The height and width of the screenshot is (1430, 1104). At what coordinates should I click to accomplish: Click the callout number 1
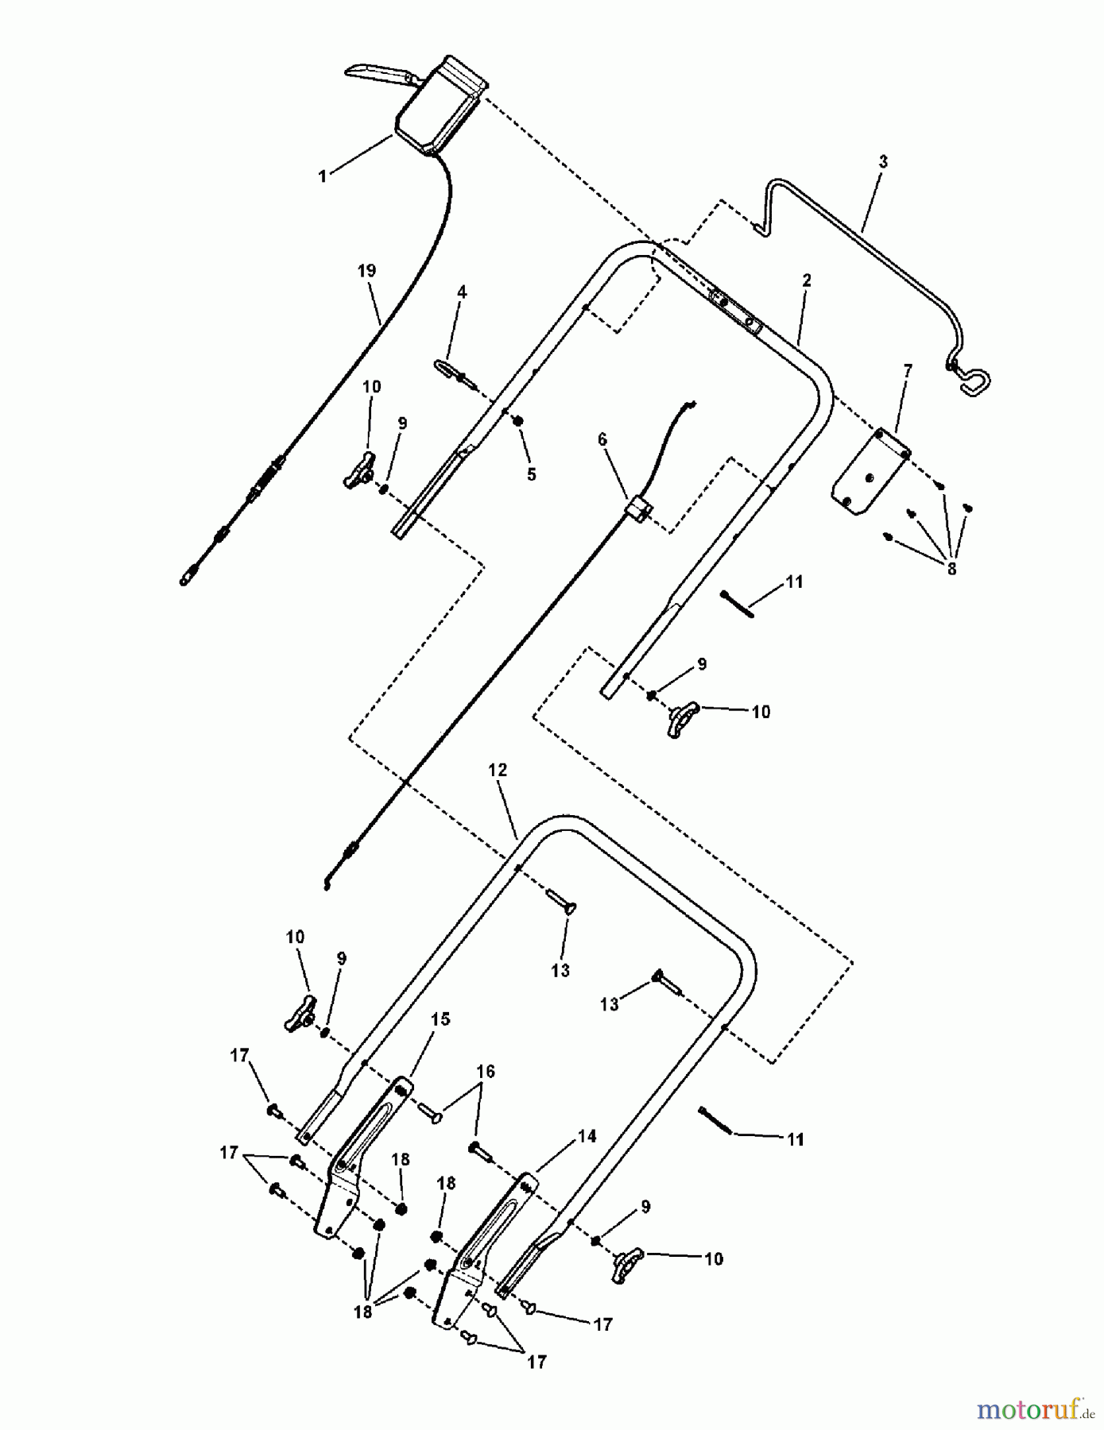click(x=323, y=176)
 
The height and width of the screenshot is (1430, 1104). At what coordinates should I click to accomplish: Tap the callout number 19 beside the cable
click(x=366, y=271)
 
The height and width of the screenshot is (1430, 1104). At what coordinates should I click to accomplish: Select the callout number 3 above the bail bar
click(x=883, y=161)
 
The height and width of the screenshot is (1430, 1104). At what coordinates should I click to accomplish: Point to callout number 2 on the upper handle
click(x=807, y=280)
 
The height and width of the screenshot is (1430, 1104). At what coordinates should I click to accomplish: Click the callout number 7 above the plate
click(x=908, y=370)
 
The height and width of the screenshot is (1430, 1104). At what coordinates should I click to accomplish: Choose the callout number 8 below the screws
click(x=951, y=569)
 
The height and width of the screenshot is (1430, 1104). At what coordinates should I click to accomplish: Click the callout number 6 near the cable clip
click(x=602, y=439)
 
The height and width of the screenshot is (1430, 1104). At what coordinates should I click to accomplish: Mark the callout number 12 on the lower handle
click(x=498, y=770)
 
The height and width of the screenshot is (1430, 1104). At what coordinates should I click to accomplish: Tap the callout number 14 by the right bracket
click(x=587, y=1136)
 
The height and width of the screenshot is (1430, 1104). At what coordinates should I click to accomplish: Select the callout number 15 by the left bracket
click(x=440, y=1018)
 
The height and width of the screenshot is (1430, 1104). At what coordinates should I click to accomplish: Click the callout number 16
click(x=486, y=1071)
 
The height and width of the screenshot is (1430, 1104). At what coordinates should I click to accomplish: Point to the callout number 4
click(x=462, y=292)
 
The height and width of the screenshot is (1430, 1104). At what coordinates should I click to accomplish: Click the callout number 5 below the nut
click(x=531, y=474)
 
